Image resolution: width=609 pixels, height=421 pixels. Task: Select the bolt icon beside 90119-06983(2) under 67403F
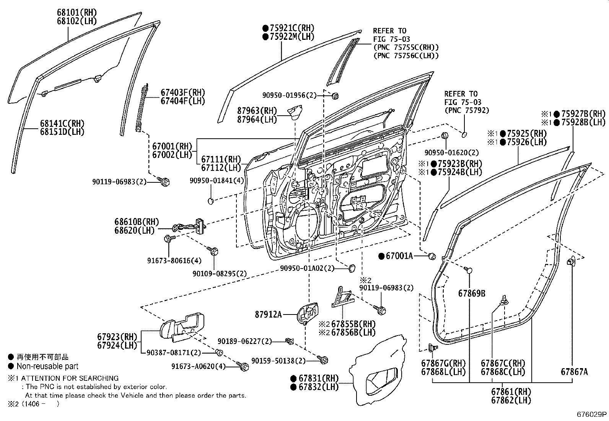point(165,182)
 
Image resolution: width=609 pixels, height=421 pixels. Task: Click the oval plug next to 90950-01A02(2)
point(351,268)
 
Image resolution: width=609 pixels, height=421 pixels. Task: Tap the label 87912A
point(268,315)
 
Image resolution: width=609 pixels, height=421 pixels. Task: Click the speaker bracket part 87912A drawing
point(308,312)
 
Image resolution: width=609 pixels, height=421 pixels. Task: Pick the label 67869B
point(472,293)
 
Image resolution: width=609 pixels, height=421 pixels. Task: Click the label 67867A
point(574,371)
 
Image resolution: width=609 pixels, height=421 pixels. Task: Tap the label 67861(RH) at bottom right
point(511,392)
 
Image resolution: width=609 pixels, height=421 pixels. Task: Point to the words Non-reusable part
point(47,367)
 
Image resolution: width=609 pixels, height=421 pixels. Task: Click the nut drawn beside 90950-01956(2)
point(335,96)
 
